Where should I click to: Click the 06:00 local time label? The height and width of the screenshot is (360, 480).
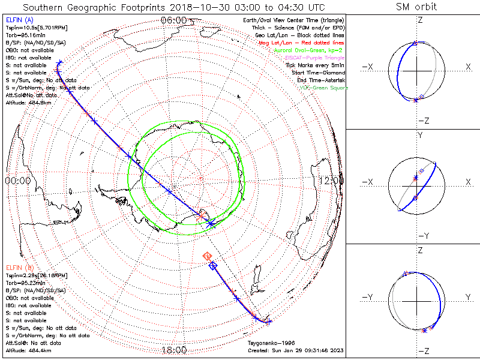tap(173, 20)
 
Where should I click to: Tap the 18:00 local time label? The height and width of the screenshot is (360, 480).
tap(174, 350)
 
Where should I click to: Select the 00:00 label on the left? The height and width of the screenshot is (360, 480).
tap(17, 180)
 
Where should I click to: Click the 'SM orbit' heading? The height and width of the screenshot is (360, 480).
tap(416, 7)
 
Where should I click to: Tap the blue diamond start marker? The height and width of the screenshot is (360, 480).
tap(212, 266)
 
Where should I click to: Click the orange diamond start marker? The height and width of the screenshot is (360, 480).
tap(208, 256)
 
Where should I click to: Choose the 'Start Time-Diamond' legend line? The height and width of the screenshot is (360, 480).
tap(321, 73)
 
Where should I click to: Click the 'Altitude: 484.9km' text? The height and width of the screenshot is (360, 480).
tap(27, 102)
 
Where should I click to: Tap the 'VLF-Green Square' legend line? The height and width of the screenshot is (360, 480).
tap(324, 88)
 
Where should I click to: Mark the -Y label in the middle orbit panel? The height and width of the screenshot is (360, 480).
tap(420, 235)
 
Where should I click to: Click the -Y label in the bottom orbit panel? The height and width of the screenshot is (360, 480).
tap(367, 298)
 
